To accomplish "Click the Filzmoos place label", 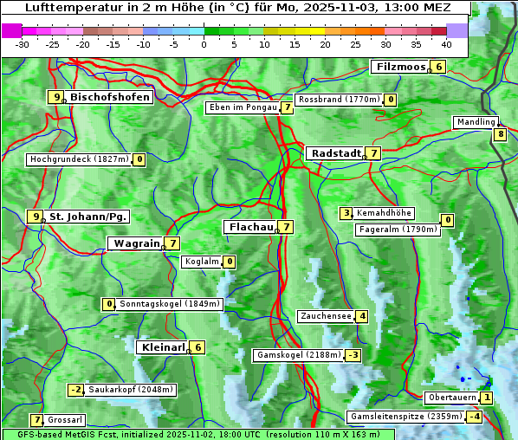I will coord(400,67).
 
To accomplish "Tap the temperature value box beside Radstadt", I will coord(373,153).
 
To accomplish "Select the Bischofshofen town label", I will coord(110,97).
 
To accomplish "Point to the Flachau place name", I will coord(249,227).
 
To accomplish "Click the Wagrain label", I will coord(136,244).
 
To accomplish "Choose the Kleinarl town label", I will coord(162,347).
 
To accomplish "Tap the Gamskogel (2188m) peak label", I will coord(298,355).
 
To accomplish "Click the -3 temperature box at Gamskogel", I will coord(353,355).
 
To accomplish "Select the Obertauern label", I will coord(451,398).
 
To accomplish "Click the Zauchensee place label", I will coord(326,316).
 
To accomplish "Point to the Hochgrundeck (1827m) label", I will coord(78,159).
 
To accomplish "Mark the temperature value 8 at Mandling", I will coord(500,134).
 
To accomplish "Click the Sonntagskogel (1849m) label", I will coord(170,304).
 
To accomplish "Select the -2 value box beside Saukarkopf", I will coord(77,390).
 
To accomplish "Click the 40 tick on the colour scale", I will coord(446,44).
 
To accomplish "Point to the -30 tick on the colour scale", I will coord(23,44).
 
